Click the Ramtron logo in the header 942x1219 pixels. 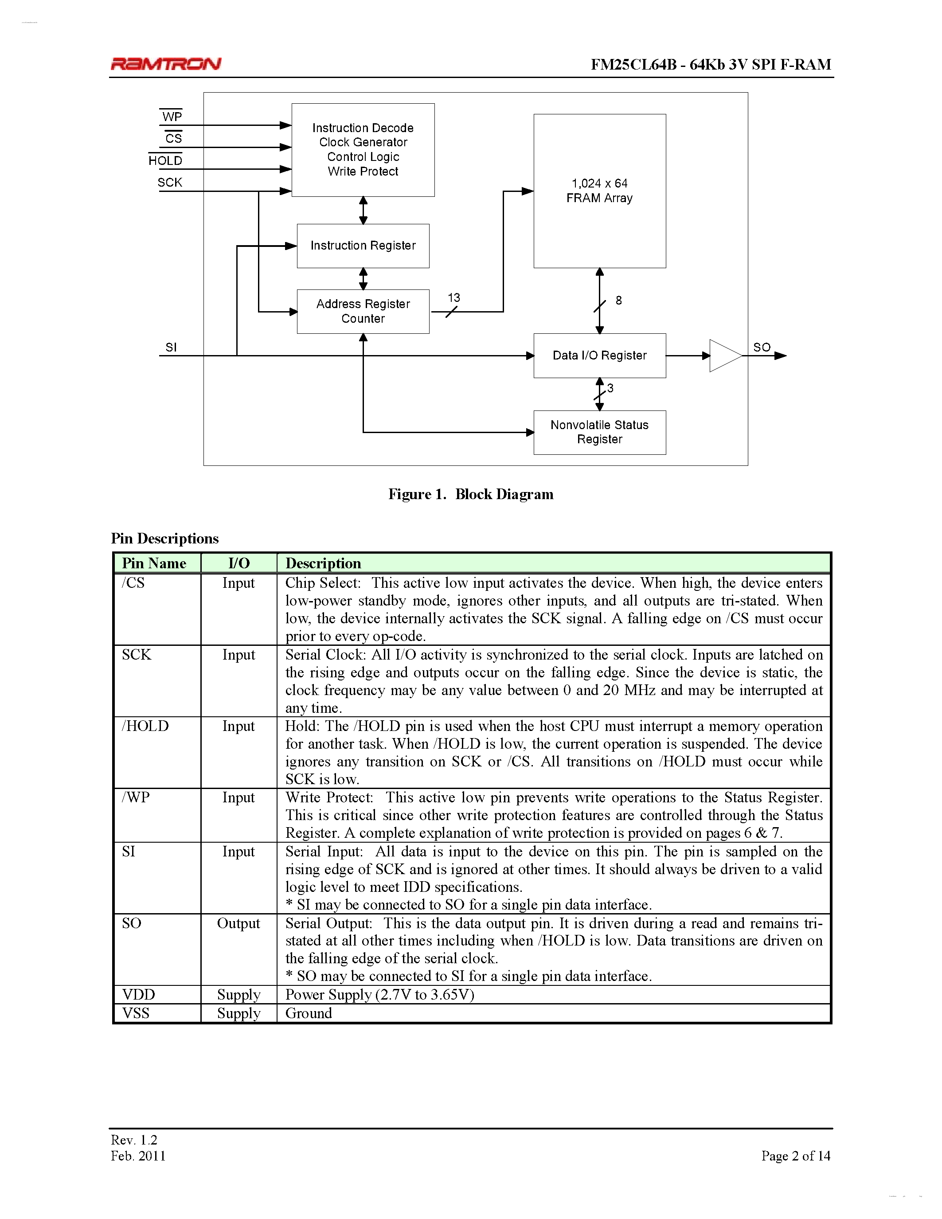click(x=166, y=64)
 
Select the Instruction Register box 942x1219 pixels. click(x=363, y=246)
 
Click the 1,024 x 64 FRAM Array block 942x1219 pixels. click(x=599, y=191)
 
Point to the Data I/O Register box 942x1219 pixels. click(x=599, y=356)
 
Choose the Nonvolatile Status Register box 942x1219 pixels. click(x=599, y=432)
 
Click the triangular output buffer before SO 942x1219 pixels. click(x=723, y=356)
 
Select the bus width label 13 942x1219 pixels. click(x=453, y=298)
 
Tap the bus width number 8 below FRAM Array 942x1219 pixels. click(x=618, y=300)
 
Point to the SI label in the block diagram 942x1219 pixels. click(x=171, y=347)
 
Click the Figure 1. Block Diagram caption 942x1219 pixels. click(x=470, y=494)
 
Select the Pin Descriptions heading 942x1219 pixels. click(x=164, y=538)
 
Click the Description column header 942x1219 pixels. click(x=323, y=563)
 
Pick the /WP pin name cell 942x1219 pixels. click(x=136, y=797)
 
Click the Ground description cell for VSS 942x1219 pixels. click(x=309, y=1013)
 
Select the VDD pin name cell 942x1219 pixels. click(x=138, y=995)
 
